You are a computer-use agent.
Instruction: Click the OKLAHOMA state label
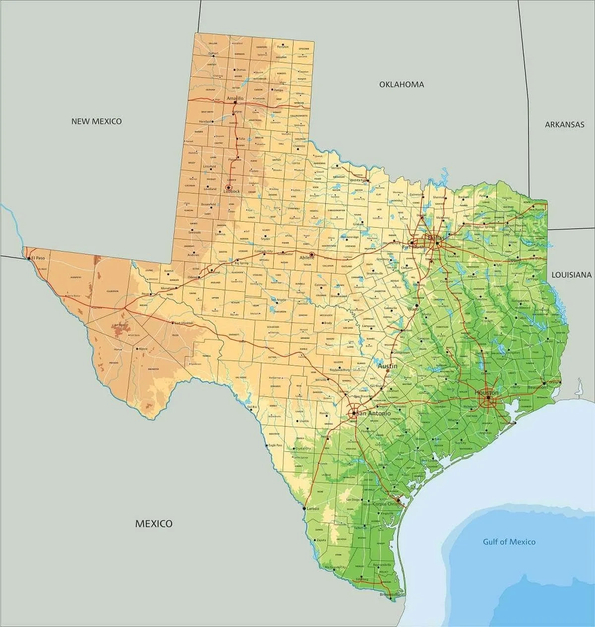point(402,84)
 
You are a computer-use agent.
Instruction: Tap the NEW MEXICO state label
point(96,121)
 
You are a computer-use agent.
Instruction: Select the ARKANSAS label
point(565,125)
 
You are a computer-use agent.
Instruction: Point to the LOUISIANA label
point(572,274)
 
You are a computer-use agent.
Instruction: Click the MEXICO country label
point(154,523)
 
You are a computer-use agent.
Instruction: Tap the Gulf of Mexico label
point(509,542)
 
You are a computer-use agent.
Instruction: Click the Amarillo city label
point(235,99)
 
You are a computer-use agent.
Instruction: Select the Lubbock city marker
point(229,188)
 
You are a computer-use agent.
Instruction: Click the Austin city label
point(388,366)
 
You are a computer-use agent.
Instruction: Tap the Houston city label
point(486,392)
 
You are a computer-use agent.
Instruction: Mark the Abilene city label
point(308,257)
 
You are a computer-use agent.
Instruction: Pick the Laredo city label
point(313,508)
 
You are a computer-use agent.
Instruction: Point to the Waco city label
point(413,309)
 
